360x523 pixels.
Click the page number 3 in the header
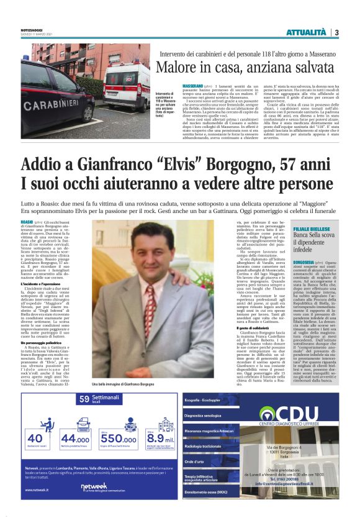336,32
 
